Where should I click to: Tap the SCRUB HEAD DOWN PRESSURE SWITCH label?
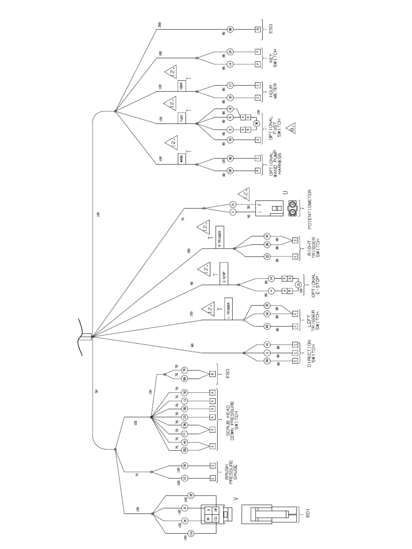232,418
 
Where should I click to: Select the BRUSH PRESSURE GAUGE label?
230,472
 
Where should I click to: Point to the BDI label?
307,514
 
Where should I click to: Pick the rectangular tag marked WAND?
181,158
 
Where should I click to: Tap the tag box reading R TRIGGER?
219,237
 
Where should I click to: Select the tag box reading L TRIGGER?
229,309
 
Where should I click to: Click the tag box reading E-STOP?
224,273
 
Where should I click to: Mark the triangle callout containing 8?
291,128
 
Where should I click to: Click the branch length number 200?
160,25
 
